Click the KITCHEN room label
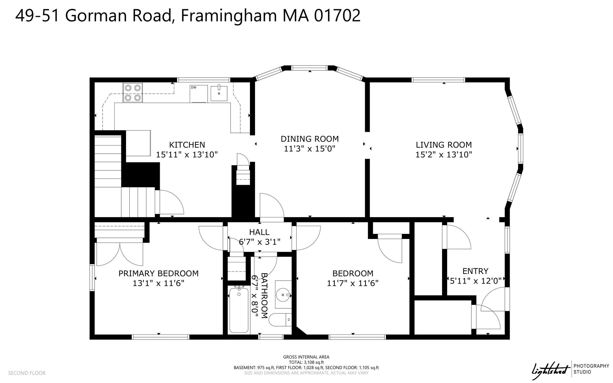click(187, 145)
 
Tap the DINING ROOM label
click(310, 139)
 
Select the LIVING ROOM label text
click(444, 145)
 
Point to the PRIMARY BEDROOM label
click(159, 273)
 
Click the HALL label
click(259, 232)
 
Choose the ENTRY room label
click(475, 271)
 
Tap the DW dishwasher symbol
click(199, 94)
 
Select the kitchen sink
click(219, 93)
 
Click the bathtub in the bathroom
click(239, 309)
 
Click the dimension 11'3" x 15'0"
click(309, 149)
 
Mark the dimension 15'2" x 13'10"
click(444, 155)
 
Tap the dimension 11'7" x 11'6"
click(353, 283)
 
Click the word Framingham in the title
click(229, 16)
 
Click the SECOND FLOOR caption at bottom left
click(27, 373)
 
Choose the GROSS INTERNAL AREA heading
click(306, 357)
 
